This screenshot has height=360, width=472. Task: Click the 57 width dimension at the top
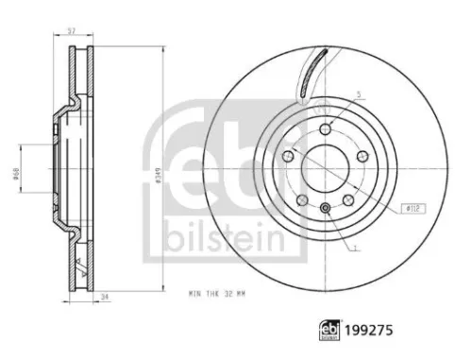tap(72, 30)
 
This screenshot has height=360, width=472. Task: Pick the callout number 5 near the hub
tap(360, 95)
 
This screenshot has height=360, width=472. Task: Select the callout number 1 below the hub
tap(357, 249)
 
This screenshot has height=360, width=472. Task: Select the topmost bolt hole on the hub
tap(325, 129)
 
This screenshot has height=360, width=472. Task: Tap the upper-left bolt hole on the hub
tap(288, 155)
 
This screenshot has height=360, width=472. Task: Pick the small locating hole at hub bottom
tap(324, 209)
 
